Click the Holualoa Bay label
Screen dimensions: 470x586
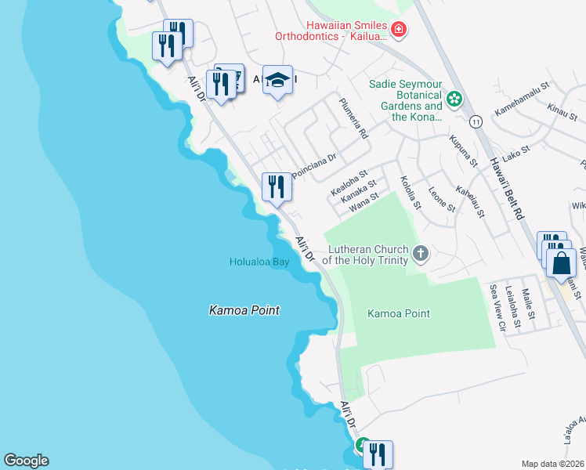point(259,262)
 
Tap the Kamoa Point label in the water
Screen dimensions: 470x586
point(244,310)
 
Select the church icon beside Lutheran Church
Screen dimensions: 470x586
point(421,253)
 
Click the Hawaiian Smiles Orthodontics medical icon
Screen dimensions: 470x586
point(399,30)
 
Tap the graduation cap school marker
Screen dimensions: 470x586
point(277,79)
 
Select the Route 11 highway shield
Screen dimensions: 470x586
point(476,121)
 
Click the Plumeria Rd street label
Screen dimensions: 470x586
point(353,118)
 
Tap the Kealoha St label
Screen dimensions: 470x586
point(349,184)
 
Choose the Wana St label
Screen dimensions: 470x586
point(364,205)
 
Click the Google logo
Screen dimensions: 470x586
point(26,461)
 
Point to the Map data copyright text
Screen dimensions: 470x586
point(552,464)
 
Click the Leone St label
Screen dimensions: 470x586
point(442,199)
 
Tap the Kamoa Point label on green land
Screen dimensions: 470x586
point(399,313)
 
